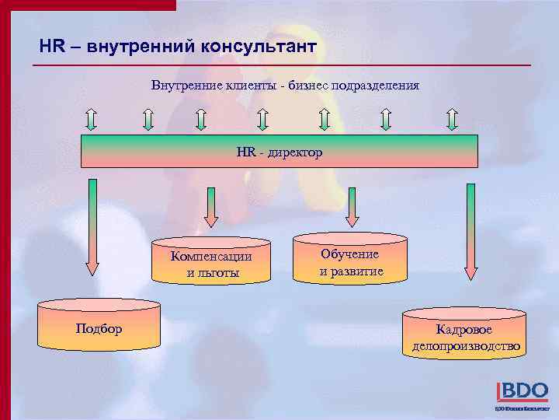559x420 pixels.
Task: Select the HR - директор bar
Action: coord(279,152)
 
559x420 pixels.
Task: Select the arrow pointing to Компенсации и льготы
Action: coord(210,205)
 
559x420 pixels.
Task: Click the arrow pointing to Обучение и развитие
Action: coord(352,205)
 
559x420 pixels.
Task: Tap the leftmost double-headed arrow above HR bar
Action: coord(91,118)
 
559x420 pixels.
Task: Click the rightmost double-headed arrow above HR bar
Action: coord(453,118)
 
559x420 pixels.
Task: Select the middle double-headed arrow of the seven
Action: coord(262,118)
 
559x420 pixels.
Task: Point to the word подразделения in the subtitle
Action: coord(376,86)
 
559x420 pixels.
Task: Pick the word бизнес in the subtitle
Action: coord(308,86)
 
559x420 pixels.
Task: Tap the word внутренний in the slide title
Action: coord(140,47)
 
